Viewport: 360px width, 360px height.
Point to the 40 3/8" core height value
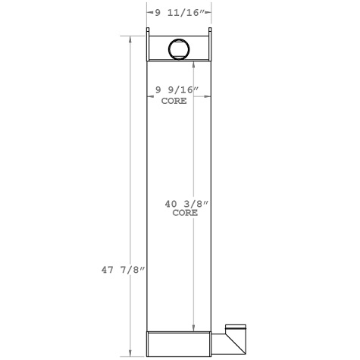tap(185, 204)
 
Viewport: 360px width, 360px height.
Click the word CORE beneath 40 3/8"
tap(185, 213)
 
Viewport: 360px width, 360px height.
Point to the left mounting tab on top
tap(148, 32)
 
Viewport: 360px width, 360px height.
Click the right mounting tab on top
tap(211, 32)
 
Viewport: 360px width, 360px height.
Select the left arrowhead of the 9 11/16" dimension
tap(149, 12)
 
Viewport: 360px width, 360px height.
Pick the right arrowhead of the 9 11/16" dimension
tap(208, 12)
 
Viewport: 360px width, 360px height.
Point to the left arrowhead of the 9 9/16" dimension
tap(149, 95)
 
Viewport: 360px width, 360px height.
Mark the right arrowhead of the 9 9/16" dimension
tap(208, 95)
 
